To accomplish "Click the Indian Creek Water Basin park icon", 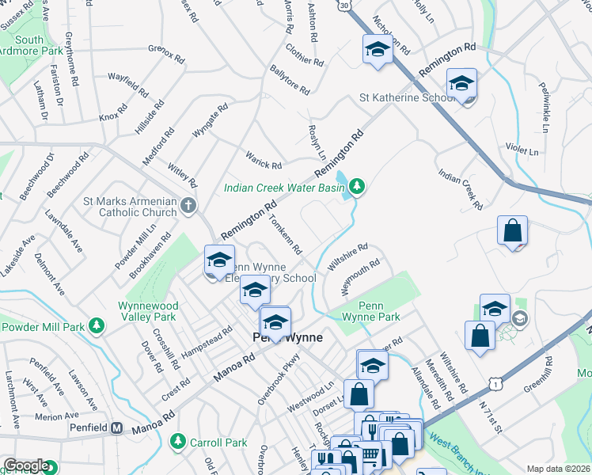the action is [358, 186].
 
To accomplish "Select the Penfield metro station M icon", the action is [116, 428].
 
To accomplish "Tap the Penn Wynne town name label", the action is [287, 337].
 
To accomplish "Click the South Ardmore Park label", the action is [28, 46].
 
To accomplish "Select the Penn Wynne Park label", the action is [371, 310].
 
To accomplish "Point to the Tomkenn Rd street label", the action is [286, 235].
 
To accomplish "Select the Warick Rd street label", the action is [264, 160].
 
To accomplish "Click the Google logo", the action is [25, 465].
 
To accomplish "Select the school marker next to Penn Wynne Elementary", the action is [219, 261].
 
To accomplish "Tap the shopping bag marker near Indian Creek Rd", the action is [513, 230].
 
